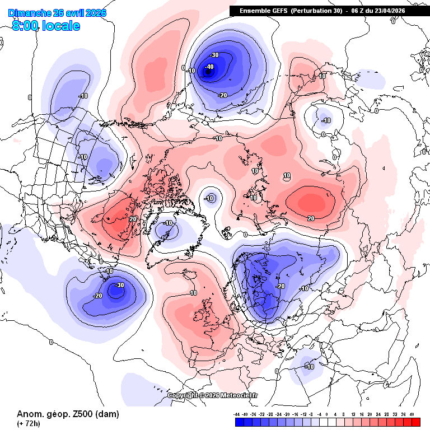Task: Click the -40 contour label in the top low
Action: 210,67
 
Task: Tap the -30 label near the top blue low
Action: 214,55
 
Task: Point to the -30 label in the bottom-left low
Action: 119,285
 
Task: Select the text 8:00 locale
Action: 46,26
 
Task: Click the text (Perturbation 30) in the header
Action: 317,11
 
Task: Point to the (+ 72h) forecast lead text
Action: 28,423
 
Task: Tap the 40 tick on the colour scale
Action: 412,415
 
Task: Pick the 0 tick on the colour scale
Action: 327,415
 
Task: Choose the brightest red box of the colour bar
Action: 415,422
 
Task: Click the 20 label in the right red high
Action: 311,217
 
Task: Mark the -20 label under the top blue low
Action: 222,95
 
